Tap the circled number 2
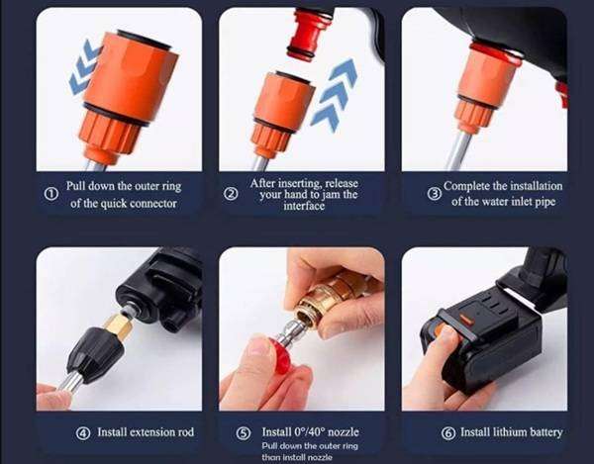[232, 194]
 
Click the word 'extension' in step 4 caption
[139, 432]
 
